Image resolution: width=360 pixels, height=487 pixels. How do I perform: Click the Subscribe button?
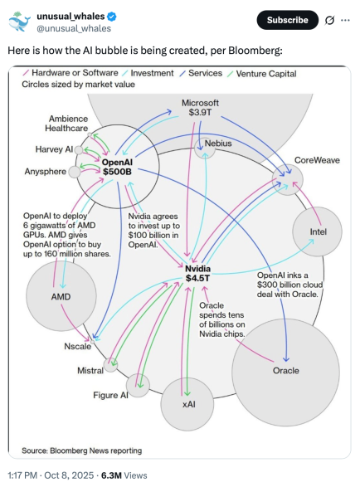coord(287,20)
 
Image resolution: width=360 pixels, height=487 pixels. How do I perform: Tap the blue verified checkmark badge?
coord(112,17)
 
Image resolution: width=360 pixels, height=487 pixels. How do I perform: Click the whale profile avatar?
coord(19,21)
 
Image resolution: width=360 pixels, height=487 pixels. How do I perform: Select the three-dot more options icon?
coord(345,20)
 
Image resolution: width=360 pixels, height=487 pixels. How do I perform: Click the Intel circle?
coord(317,231)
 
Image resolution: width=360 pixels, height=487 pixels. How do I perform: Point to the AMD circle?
coord(61,296)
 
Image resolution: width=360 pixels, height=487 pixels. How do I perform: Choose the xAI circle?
coord(187,404)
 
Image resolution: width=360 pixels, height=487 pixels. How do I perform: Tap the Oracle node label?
coord(286,371)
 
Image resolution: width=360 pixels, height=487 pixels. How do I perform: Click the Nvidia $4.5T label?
coord(197,273)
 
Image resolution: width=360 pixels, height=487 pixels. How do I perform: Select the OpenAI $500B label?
coord(117,167)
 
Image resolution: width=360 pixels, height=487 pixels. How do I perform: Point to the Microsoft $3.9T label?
coord(200,108)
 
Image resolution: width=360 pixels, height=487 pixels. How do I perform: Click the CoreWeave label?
coord(317,160)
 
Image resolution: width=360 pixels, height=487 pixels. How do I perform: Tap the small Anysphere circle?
coord(75,172)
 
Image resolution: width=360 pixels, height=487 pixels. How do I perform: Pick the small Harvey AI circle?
coord(79,150)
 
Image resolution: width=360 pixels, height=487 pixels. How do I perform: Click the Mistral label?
coord(90,371)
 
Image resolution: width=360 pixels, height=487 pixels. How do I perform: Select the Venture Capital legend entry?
coord(262,74)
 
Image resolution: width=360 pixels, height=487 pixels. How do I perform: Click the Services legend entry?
coord(201,73)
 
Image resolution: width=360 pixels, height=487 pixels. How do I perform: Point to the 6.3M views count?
coord(124,475)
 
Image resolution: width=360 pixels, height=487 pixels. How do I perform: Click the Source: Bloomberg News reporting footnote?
coord(81,450)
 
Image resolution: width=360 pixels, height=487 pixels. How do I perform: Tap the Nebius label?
coord(218,144)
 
